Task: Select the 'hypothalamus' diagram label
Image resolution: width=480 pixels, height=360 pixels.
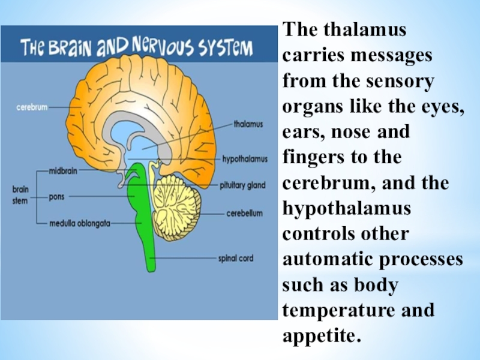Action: (244, 159)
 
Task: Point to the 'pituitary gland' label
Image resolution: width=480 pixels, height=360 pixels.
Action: (242, 186)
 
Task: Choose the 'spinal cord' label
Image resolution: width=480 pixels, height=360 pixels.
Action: (236, 259)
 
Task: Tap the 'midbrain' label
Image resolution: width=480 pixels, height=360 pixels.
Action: (64, 170)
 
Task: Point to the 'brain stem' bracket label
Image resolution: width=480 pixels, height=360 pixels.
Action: (20, 195)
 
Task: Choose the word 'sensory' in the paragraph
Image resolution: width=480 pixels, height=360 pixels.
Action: (401, 81)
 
